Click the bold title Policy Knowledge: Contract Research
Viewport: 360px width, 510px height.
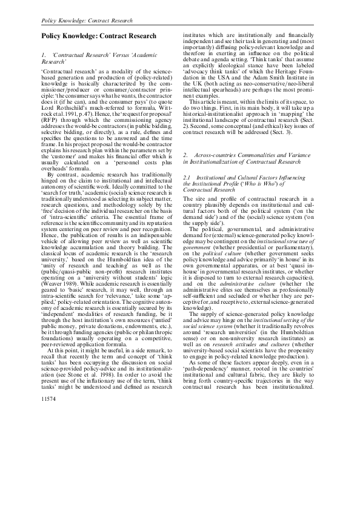[98, 37]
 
